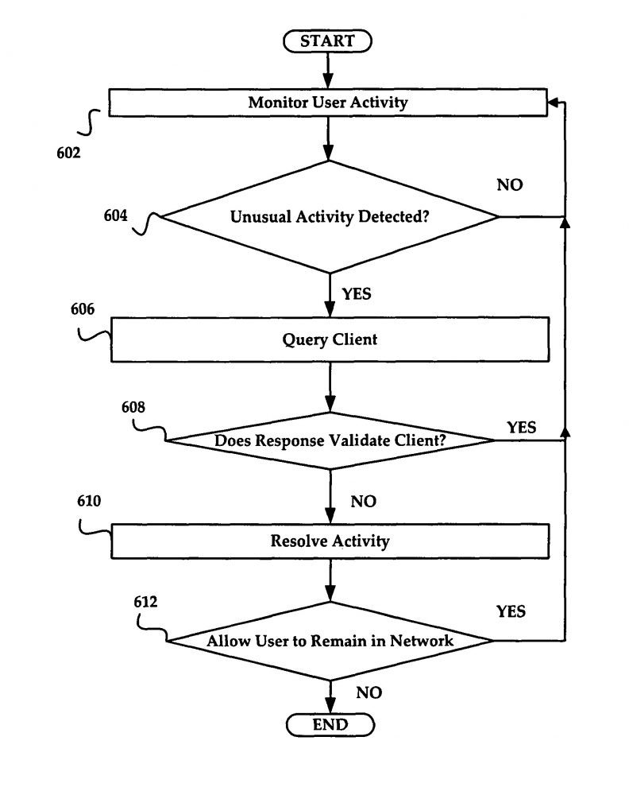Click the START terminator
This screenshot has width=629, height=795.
[327, 41]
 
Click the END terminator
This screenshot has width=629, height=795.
[330, 724]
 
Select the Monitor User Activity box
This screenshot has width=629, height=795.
[328, 103]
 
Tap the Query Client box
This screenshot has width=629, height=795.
[330, 339]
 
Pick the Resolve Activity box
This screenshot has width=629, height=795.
[330, 541]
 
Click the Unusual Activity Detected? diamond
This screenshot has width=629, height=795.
[329, 217]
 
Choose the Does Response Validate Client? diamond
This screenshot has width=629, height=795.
[330, 440]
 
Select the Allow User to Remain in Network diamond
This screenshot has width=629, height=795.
[330, 641]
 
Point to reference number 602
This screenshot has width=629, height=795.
[68, 153]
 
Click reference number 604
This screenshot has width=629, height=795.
[115, 215]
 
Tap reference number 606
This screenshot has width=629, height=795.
[83, 308]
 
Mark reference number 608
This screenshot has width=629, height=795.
[133, 407]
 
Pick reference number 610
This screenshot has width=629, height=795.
[89, 501]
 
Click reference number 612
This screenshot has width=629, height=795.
[145, 602]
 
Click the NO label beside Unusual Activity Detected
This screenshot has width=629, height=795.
[510, 185]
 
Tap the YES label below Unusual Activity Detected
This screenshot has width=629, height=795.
[357, 294]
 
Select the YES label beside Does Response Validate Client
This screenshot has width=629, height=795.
[522, 428]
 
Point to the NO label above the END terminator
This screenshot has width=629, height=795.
[369, 692]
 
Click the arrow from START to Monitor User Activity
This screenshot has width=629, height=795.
[328, 71]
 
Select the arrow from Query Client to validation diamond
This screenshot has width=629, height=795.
[330, 387]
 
